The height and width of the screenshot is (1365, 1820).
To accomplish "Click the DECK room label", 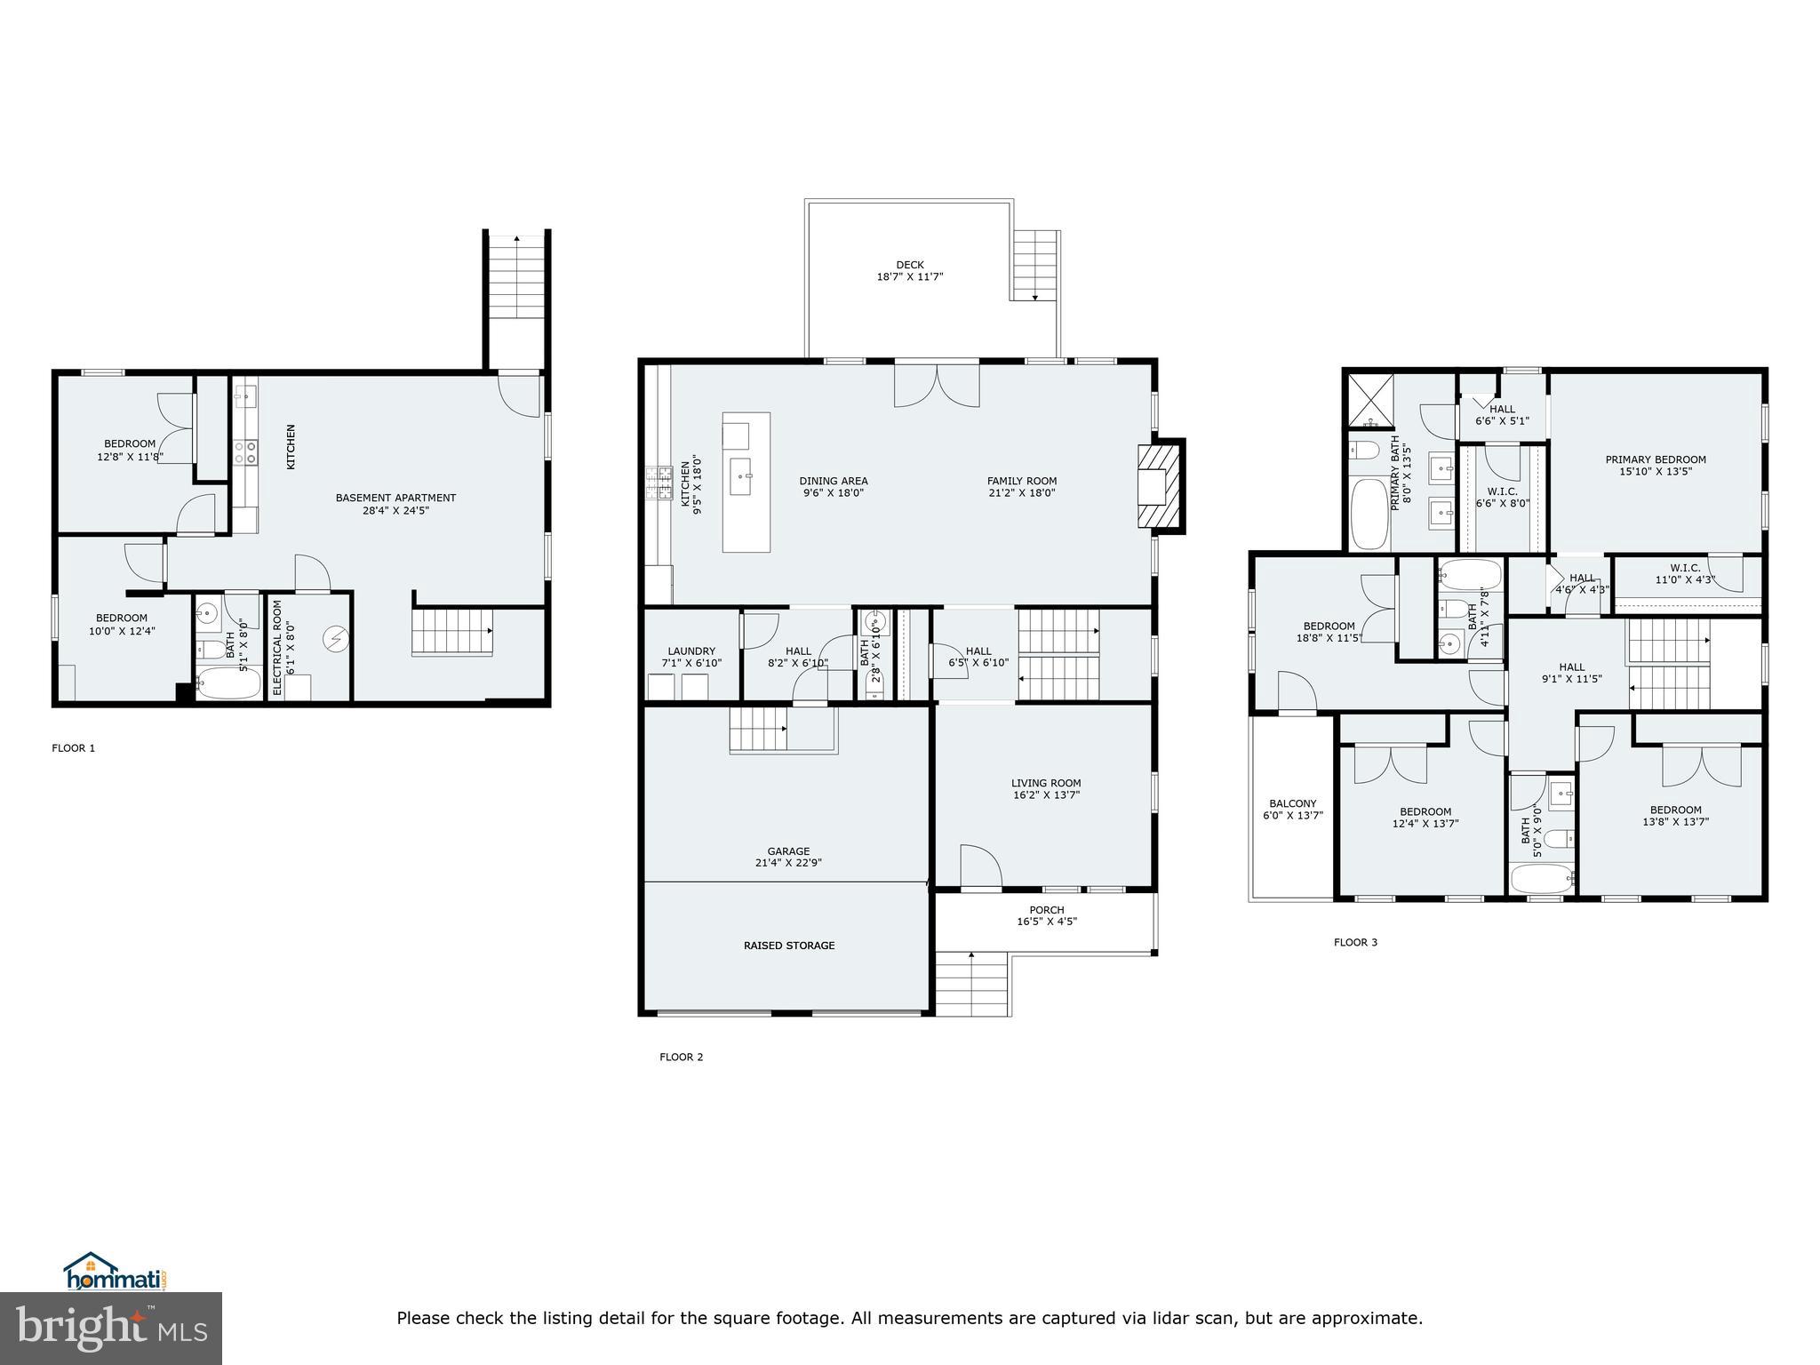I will (x=909, y=265).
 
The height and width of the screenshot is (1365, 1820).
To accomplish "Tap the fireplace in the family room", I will (x=1160, y=486).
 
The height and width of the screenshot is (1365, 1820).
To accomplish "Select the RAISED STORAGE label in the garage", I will (x=789, y=946).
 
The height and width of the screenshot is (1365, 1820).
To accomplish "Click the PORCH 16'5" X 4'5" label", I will (x=1047, y=915).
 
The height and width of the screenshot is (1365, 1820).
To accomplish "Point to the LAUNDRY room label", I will (x=690, y=651).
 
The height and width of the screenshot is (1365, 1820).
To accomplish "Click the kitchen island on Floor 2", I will (x=746, y=483).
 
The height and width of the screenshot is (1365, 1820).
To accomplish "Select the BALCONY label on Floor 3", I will (x=1292, y=803).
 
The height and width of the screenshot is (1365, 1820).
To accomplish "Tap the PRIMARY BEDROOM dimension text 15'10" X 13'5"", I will (x=1655, y=472).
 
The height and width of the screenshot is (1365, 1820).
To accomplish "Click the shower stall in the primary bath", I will (x=1369, y=402).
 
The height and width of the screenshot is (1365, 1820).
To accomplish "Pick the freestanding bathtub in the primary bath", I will (x=1368, y=514).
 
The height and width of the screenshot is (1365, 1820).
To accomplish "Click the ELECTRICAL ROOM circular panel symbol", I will (x=336, y=638).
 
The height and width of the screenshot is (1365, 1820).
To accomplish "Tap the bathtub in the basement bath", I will (x=228, y=683).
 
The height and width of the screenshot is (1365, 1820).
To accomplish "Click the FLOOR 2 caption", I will (x=681, y=1058).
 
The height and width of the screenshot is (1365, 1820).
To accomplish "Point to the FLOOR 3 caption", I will (x=1355, y=942).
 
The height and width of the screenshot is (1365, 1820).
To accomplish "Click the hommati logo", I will (x=115, y=1273).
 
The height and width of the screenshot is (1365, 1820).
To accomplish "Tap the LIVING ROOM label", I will (x=1046, y=784).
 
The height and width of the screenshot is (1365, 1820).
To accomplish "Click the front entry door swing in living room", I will (x=980, y=866).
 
